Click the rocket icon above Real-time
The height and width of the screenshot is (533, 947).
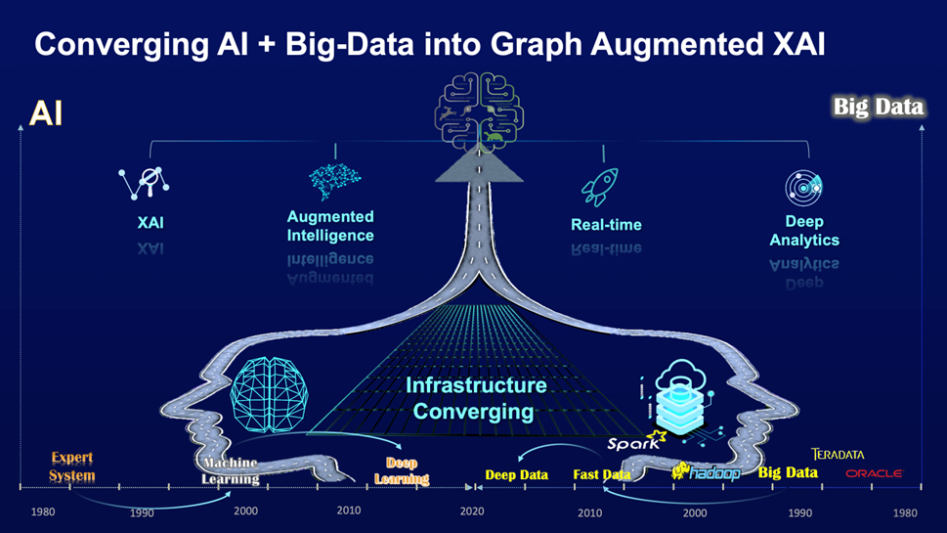click(x=600, y=188)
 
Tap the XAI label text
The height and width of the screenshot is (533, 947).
click(x=151, y=223)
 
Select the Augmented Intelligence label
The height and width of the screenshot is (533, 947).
click(x=330, y=226)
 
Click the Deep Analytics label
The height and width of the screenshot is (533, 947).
click(x=804, y=231)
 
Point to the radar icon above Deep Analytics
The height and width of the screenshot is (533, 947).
click(x=804, y=188)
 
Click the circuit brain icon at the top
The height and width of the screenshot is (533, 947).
click(x=479, y=111)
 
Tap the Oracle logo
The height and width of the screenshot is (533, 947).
click(x=874, y=473)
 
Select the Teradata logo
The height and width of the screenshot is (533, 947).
click(x=838, y=455)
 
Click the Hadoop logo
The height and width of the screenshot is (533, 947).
click(x=706, y=472)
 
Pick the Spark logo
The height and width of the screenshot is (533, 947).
click(x=636, y=442)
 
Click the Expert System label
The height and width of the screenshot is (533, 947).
click(x=72, y=466)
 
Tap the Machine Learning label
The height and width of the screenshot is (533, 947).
click(x=231, y=471)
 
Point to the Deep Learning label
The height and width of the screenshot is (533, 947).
click(x=402, y=471)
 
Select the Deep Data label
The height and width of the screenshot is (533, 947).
click(x=517, y=475)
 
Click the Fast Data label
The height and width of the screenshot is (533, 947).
click(x=602, y=475)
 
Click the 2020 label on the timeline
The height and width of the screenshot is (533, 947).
click(x=472, y=511)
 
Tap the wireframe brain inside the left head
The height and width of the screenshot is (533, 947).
click(x=270, y=394)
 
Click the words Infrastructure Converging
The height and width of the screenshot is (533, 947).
click(x=476, y=398)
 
